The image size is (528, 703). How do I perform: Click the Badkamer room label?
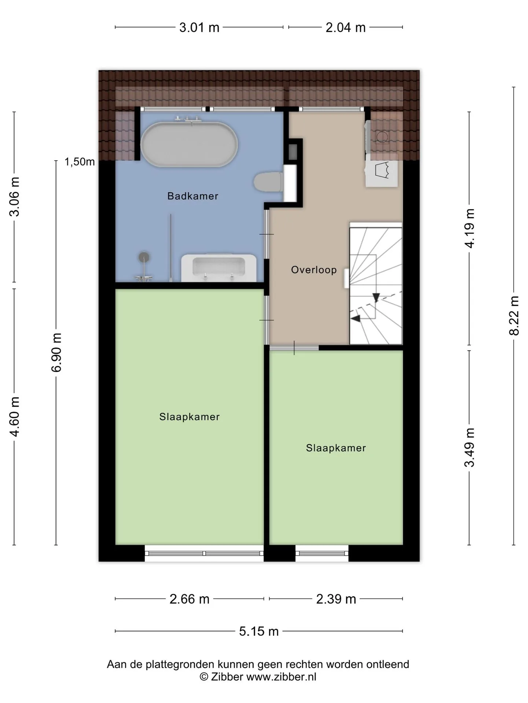click(193, 196)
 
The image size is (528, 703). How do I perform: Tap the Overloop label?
click(314, 270)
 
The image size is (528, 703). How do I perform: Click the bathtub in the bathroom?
click(189, 144)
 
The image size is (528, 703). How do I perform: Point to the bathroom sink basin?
click(219, 268)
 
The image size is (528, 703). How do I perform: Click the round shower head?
click(144, 257)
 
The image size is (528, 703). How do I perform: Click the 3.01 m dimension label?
click(199, 27)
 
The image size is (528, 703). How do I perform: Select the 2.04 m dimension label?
click(346, 27)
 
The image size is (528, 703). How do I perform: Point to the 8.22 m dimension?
click(514, 316)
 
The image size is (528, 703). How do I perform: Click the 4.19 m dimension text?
click(470, 228)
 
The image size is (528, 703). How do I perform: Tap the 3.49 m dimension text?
click(470, 447)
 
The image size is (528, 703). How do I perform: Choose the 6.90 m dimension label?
click(56, 352)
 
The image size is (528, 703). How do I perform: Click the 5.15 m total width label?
click(259, 631)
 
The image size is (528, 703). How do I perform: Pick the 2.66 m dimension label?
click(190, 599)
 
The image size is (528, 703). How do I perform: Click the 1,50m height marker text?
click(80, 161)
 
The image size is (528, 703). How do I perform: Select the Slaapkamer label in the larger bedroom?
click(190, 417)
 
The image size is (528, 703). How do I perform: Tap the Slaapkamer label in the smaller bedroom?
click(336, 448)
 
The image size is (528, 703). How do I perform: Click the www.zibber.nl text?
click(281, 677)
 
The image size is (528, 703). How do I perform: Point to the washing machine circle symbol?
click(382, 137)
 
